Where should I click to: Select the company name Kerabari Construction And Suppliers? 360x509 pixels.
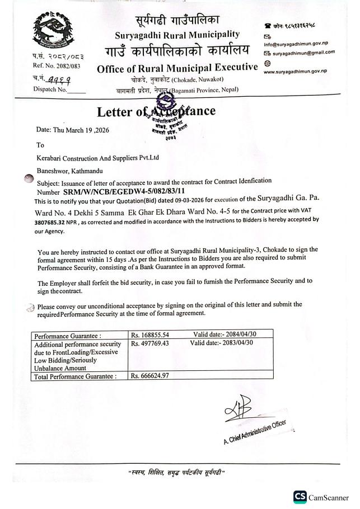(x=98, y=157)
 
